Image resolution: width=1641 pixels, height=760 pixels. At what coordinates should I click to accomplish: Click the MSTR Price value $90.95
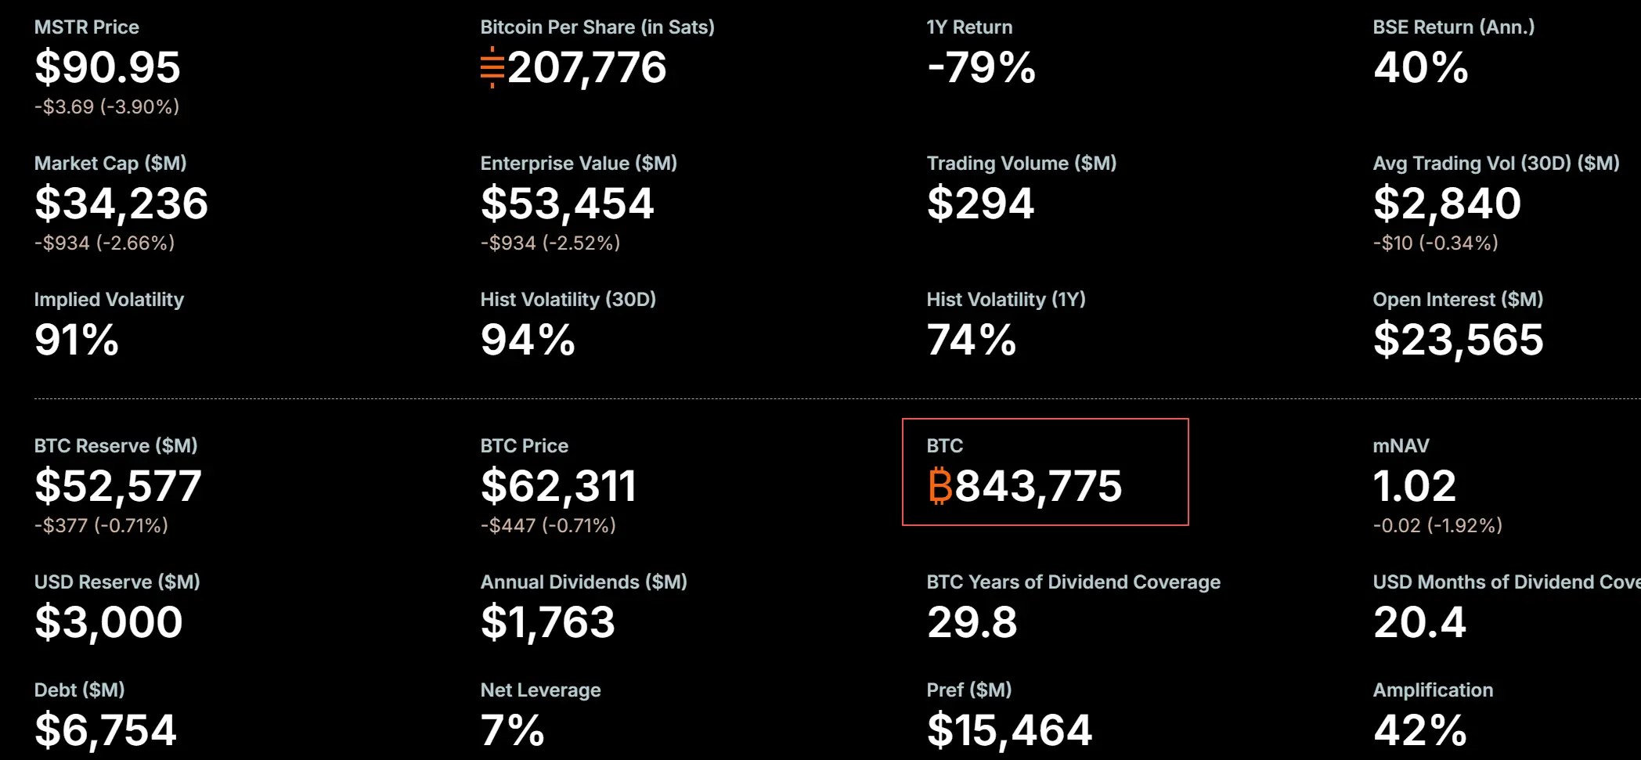[107, 67]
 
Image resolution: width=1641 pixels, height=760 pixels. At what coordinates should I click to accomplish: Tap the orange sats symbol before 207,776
[492, 67]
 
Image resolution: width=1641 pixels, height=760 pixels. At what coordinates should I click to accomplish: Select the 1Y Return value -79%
[981, 67]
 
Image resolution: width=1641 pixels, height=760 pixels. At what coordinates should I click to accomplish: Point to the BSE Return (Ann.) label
[1454, 27]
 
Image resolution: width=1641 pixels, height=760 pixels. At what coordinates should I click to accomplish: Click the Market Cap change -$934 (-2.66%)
[104, 243]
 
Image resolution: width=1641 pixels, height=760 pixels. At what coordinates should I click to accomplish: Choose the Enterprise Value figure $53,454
[567, 204]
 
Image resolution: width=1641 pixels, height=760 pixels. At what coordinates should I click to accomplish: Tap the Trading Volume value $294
[980, 204]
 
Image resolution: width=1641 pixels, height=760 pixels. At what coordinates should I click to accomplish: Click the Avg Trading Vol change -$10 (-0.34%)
[1436, 243]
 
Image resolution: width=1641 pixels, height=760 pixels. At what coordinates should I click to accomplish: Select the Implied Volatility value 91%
[77, 340]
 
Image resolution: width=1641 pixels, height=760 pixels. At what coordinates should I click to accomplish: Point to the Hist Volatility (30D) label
[568, 300]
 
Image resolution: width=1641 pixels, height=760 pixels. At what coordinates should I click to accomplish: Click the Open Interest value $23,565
[1459, 340]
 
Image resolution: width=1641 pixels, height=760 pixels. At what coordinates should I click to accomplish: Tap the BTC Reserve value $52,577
[118, 486]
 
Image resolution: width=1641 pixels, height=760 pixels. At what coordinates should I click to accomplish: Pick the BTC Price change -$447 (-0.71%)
[548, 525]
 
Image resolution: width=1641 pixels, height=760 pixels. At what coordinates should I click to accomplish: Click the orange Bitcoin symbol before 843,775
[940, 486]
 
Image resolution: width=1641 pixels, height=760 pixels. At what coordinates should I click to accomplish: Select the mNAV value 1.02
[1415, 486]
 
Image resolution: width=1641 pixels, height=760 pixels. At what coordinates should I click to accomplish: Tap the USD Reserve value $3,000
[108, 622]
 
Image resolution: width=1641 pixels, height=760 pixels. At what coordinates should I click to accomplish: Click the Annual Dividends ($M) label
[584, 582]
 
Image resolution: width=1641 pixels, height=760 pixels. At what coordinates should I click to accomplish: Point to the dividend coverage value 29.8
[972, 622]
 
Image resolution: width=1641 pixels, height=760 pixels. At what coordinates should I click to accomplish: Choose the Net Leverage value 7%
[512, 730]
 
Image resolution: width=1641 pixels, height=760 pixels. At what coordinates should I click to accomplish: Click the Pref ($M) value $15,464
[1009, 730]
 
